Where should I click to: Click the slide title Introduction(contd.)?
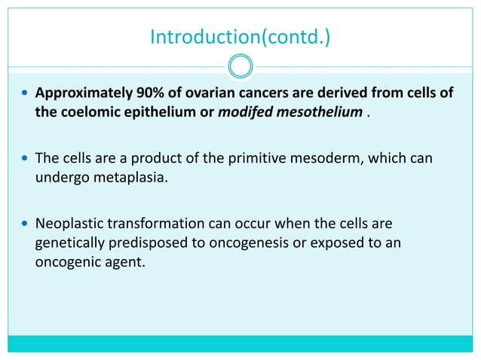tap(240, 36)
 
